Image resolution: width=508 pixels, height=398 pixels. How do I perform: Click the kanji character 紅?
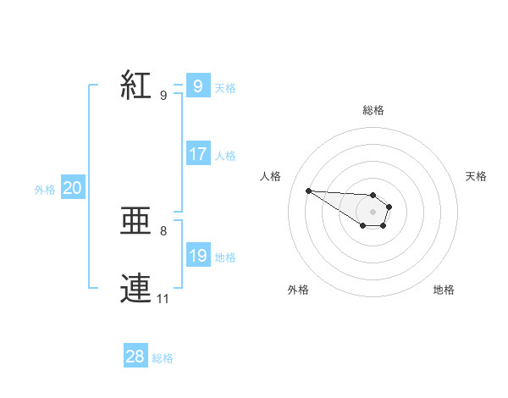(135, 85)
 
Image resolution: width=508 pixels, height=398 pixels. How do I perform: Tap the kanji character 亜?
(135, 222)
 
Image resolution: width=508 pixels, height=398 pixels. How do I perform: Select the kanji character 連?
(135, 288)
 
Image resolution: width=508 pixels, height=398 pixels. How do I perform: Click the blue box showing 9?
(197, 86)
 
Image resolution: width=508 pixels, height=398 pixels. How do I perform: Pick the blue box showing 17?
(198, 154)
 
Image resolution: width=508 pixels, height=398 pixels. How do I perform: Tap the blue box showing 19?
(198, 256)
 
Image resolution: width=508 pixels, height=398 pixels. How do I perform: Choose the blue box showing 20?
(72, 189)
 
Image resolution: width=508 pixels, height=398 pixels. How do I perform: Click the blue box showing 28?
(135, 357)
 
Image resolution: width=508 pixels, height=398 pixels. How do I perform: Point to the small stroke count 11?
(163, 299)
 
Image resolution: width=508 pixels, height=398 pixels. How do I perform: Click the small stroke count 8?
(163, 230)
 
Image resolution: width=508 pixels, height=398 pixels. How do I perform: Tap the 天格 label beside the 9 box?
(225, 88)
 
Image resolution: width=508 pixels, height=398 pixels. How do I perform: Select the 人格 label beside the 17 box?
(225, 156)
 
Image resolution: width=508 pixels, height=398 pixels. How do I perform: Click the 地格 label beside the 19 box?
(225, 257)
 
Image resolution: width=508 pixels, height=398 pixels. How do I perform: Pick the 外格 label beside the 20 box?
(45, 191)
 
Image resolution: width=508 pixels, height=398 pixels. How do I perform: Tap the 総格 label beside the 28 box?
(163, 358)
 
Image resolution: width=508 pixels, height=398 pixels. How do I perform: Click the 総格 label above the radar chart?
(373, 110)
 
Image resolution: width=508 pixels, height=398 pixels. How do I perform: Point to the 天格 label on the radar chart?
(476, 176)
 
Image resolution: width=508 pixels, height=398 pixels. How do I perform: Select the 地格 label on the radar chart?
(444, 290)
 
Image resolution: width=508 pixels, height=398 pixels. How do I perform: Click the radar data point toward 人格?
(308, 191)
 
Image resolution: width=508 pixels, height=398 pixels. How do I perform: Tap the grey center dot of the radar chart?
(373, 211)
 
